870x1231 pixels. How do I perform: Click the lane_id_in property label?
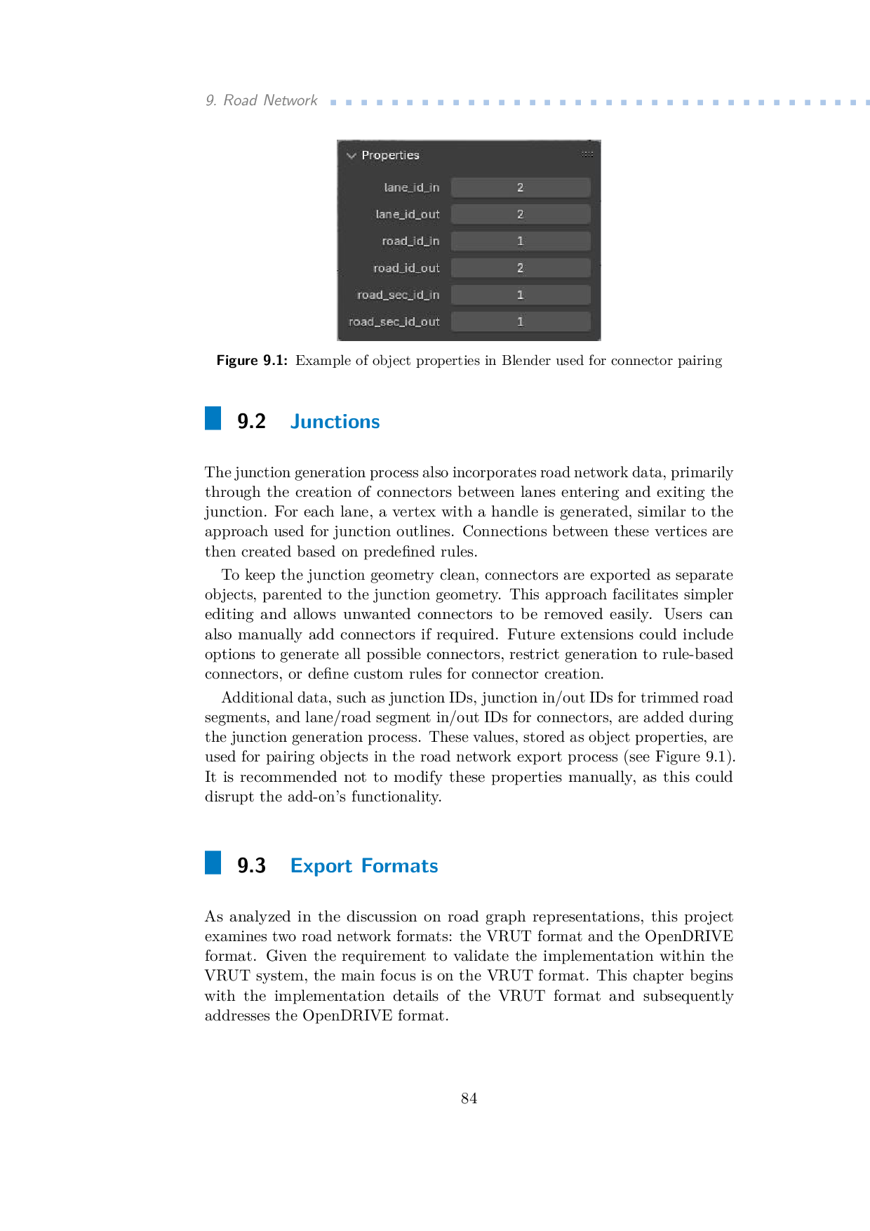(x=411, y=187)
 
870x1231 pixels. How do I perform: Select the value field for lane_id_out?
(x=520, y=214)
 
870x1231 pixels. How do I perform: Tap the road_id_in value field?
(x=520, y=241)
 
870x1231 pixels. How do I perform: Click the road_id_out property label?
(x=406, y=268)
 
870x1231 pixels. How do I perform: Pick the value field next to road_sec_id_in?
(x=520, y=295)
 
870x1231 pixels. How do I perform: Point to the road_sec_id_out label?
(x=394, y=321)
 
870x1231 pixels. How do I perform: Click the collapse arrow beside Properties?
(x=352, y=155)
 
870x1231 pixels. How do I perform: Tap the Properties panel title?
(x=390, y=155)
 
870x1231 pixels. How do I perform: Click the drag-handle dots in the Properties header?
(x=587, y=154)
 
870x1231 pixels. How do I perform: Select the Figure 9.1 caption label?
(x=252, y=361)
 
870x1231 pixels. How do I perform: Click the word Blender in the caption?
(x=526, y=361)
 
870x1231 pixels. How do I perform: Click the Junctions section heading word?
(x=335, y=421)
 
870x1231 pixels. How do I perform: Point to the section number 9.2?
(x=251, y=421)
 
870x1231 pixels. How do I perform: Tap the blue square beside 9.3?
(x=213, y=863)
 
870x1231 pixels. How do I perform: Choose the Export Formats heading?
(x=364, y=865)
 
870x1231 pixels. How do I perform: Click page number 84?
(x=469, y=1098)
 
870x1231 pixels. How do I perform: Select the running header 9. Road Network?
(x=261, y=100)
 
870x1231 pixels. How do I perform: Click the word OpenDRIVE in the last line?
(x=347, y=1016)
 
